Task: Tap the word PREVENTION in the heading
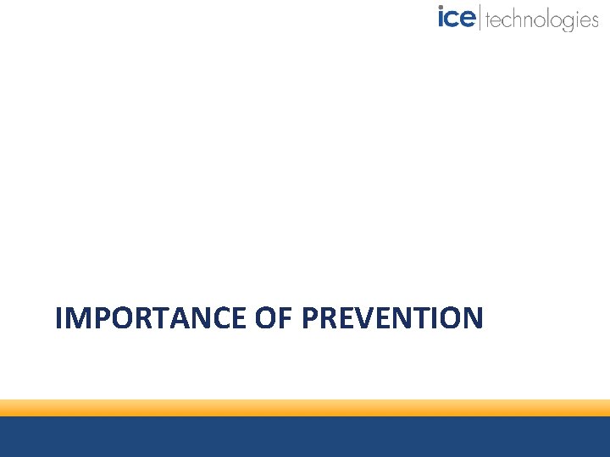click(392, 318)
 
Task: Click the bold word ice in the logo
click(456, 18)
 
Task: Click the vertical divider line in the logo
click(480, 18)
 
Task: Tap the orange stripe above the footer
click(305, 408)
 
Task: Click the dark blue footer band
click(305, 437)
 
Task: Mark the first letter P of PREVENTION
click(309, 318)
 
